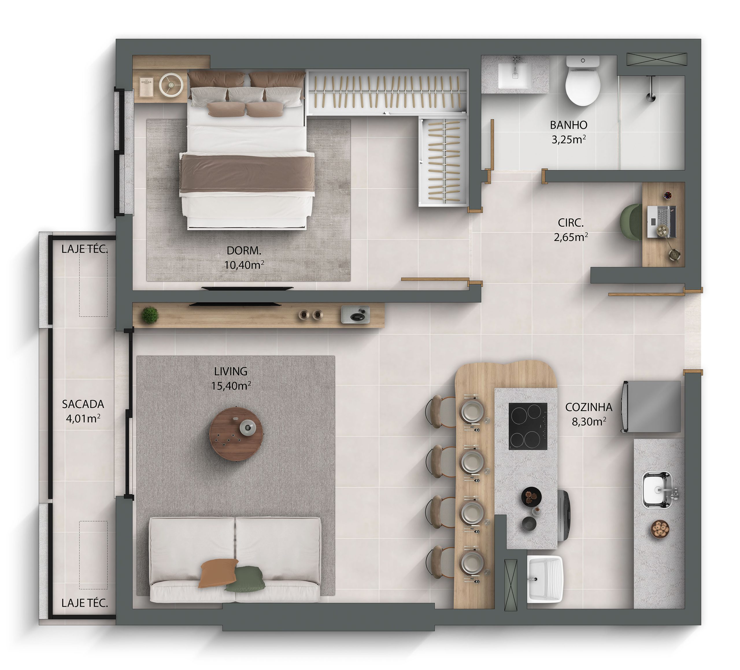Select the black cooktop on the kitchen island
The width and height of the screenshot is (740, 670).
coord(528,426)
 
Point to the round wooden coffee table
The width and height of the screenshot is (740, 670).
coord(236,434)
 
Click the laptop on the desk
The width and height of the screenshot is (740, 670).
coord(661,221)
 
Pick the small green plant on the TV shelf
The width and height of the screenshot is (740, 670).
coord(150,315)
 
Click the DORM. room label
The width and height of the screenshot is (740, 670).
coord(244,251)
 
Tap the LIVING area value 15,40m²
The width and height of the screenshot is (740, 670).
coord(231,386)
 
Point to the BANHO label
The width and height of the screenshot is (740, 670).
coord(569,125)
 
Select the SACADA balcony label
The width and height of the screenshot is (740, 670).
coord(83,404)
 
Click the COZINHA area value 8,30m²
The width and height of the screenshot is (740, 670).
coord(589,421)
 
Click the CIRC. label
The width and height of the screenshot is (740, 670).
coord(571,223)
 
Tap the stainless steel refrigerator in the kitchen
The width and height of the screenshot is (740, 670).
coord(651,406)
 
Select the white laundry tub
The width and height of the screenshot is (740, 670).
coord(545,579)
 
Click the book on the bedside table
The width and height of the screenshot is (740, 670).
coord(147,87)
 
